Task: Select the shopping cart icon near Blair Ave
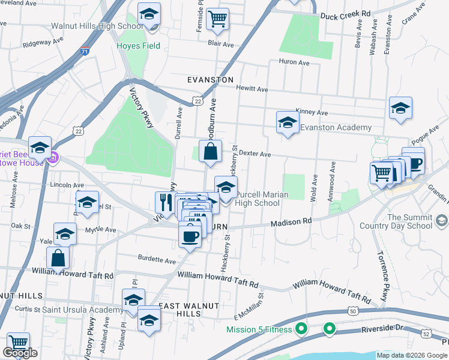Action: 217,19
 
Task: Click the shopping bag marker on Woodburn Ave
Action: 211,153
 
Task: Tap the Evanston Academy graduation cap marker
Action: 288,124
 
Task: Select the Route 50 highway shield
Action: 352,311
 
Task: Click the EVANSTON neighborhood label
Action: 209,79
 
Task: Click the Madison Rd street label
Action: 291,221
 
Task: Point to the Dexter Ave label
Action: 255,154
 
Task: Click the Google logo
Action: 20,353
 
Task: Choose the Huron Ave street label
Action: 294,62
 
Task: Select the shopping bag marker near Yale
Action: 58,258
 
